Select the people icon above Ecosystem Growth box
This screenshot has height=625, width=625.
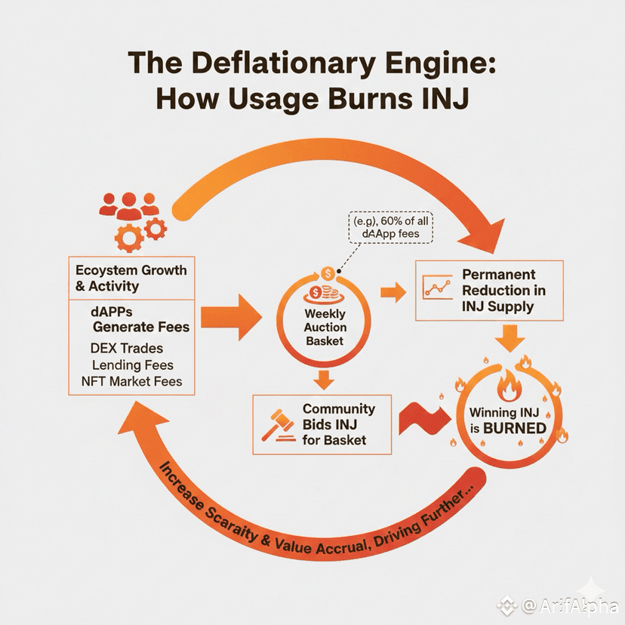[x=128, y=202]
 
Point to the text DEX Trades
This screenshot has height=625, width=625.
[x=125, y=349]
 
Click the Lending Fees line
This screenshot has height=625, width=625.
[x=132, y=365]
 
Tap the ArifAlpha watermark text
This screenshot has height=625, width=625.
[x=568, y=605]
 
